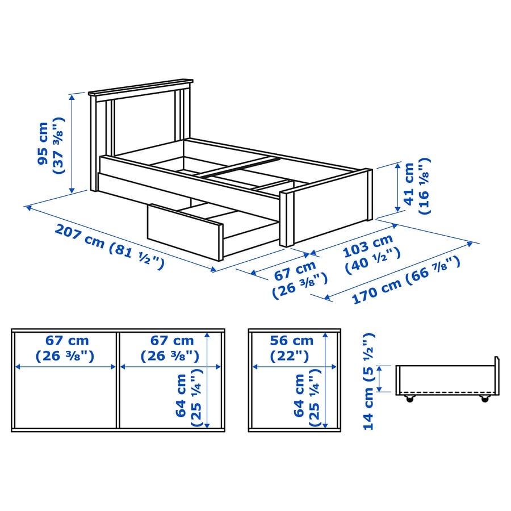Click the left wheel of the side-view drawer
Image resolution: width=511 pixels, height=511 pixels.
pos(409,398)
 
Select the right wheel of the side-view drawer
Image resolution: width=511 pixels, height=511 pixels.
pos(485,398)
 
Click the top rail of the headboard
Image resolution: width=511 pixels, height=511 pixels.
pos(140,87)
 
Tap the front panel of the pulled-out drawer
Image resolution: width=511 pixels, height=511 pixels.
pos(185,232)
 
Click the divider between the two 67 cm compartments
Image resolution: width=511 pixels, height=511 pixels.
pos(118,380)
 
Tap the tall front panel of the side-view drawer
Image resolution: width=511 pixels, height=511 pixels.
pos(497,376)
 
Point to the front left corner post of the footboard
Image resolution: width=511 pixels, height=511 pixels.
pos(287,219)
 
